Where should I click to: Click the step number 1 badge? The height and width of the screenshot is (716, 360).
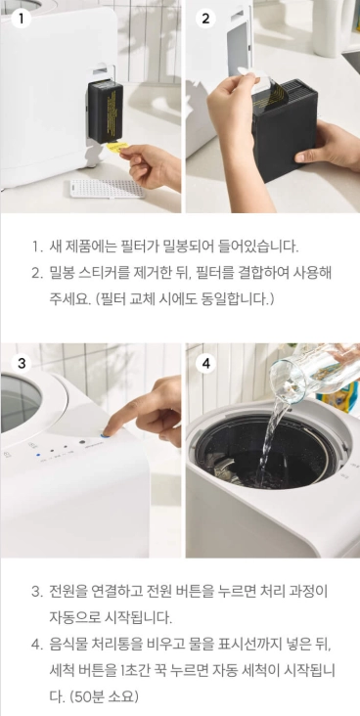[x=21, y=19]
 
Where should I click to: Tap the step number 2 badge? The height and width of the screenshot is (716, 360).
[x=205, y=19]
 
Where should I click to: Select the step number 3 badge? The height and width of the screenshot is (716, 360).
[x=21, y=364]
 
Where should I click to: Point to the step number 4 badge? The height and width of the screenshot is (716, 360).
[x=205, y=364]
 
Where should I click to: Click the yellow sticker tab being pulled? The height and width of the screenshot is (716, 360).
[x=117, y=147]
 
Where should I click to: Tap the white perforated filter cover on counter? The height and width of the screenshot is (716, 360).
[x=108, y=188]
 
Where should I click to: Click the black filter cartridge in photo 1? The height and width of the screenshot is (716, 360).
[x=105, y=111]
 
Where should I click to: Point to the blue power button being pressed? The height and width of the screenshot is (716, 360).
[x=107, y=434]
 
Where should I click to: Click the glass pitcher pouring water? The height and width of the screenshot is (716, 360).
[x=314, y=372]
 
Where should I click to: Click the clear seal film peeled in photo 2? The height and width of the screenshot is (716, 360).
[x=264, y=82]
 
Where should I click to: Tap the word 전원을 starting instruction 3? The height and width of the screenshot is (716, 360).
[x=67, y=592]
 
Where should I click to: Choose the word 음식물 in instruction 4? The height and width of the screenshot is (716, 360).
[x=67, y=645]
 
